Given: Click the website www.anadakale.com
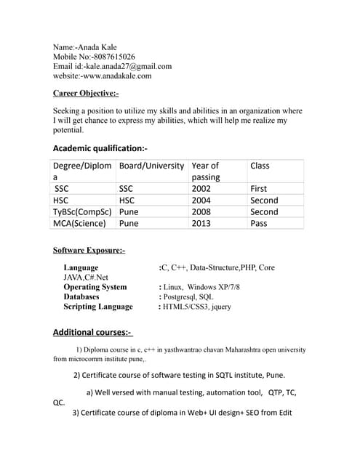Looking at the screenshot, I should tap(116, 76).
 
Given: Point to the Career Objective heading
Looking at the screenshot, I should tap(86, 93).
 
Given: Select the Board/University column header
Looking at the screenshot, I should tap(151, 166).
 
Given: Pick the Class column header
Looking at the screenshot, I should tap(260, 166).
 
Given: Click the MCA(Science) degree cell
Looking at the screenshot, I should tap(80, 223).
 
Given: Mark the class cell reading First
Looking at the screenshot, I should tap(258, 189).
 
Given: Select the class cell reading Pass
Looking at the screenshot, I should tap(258, 223).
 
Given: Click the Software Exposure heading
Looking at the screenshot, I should tap(89, 251).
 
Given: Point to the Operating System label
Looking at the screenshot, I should tap(95, 287).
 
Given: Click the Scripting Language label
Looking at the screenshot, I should tap(98, 307).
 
